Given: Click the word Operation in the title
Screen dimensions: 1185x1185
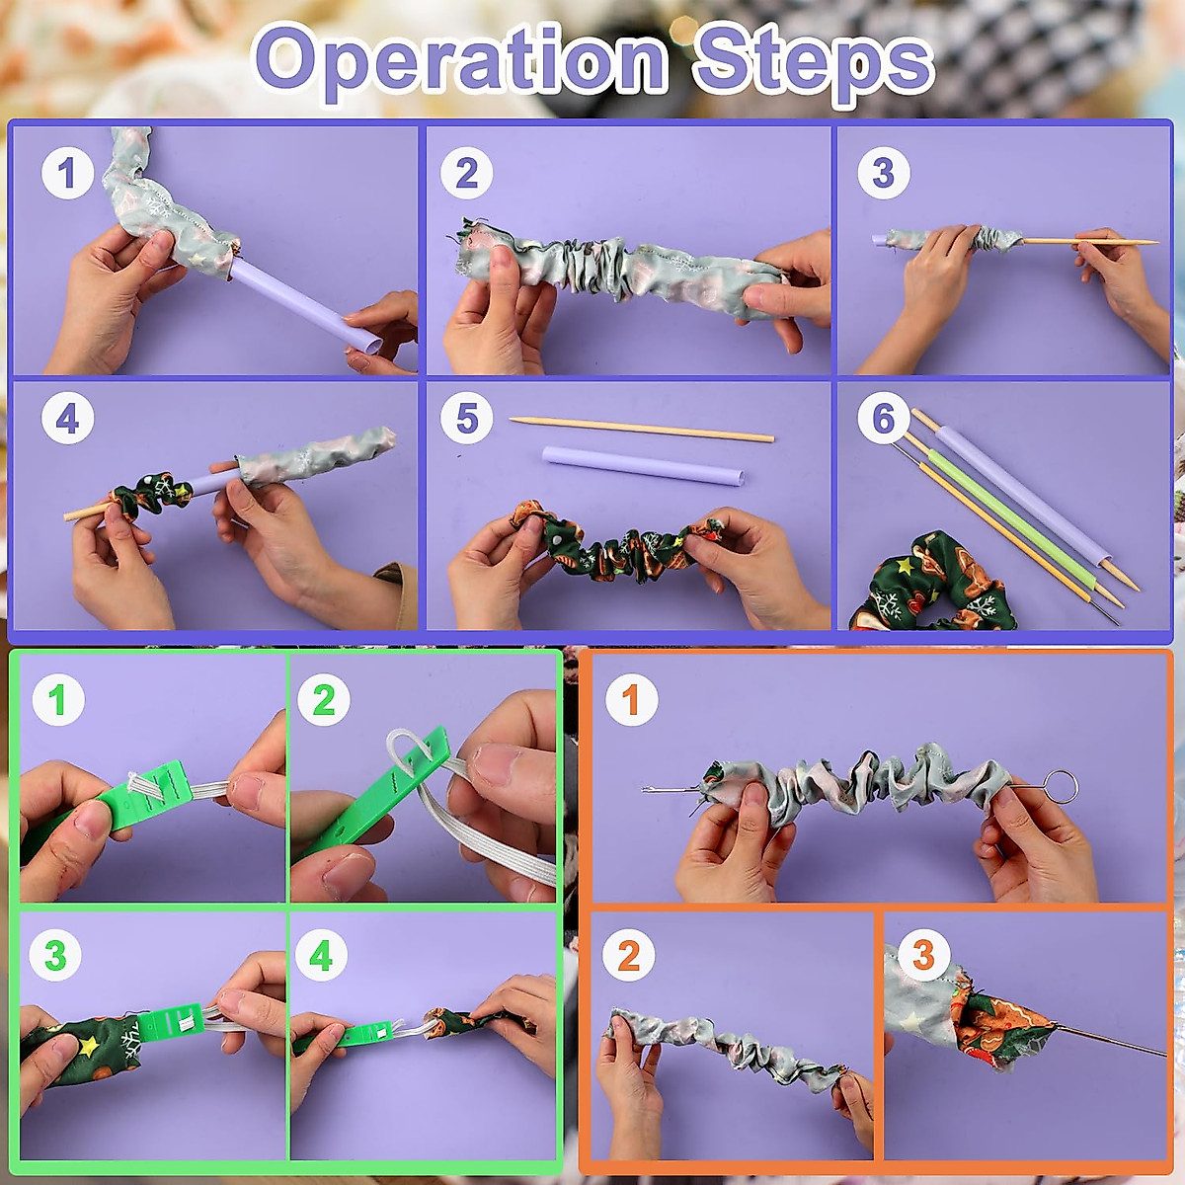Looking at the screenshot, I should coord(461,61).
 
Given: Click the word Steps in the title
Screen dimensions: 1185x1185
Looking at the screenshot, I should coord(812,61).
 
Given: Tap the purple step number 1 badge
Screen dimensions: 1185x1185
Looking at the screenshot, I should coord(67,174).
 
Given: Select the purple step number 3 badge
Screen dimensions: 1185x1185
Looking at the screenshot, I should coord(883,174).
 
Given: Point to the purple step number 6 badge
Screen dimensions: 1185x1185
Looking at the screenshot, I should coord(883,419).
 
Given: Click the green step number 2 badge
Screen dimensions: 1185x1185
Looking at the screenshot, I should coord(324,700).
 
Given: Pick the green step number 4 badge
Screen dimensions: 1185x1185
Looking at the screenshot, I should coord(322,955).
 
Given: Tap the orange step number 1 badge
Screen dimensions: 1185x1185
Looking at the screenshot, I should coord(630,700).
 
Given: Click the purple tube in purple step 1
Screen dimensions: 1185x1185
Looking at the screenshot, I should coord(296,301).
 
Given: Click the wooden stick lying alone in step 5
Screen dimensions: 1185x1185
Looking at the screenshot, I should coord(642,429).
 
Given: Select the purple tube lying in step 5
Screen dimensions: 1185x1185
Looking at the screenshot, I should coord(642,465).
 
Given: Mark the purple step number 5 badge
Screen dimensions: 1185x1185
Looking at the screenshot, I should coord(467,419).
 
